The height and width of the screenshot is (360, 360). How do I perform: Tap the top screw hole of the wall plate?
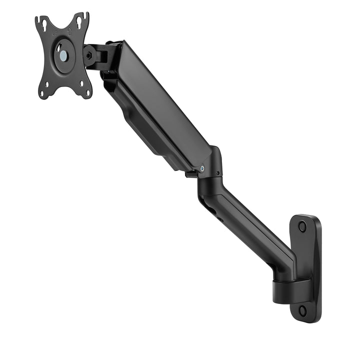302,226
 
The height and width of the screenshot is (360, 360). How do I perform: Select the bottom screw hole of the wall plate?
302,310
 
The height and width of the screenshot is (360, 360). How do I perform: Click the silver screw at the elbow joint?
201,168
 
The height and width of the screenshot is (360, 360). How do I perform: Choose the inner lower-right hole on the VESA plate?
80,82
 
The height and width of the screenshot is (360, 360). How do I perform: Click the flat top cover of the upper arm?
165,100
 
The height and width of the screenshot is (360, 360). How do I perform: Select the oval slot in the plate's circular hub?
58,47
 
